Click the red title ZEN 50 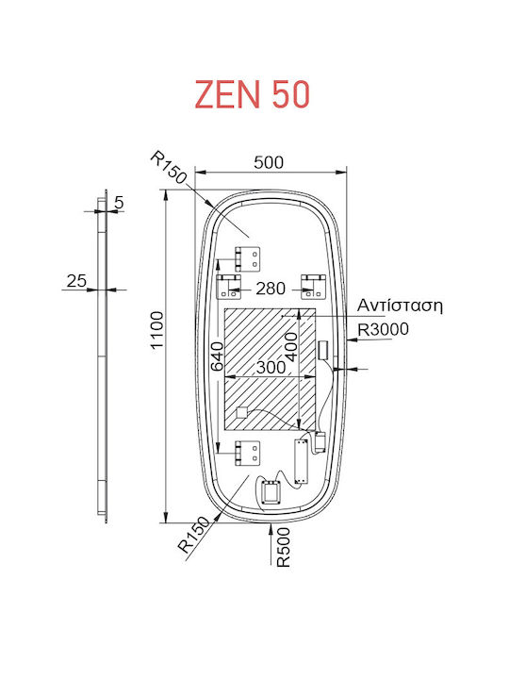(253, 94)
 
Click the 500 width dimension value (269, 162)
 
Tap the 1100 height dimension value (156, 329)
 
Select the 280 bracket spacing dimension (271, 289)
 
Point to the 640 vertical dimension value (217, 356)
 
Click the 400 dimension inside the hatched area (291, 347)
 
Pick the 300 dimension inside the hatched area (271, 367)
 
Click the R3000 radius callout (383, 329)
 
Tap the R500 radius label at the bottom (283, 547)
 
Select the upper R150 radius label (169, 168)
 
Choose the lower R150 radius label (194, 535)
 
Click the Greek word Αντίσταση (400, 306)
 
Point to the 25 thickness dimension (76, 281)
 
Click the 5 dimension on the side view (119, 202)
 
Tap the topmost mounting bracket (248, 259)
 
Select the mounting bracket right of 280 (313, 287)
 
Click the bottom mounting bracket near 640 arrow (248, 453)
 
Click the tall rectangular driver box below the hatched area (301, 462)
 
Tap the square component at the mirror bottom (271, 492)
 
